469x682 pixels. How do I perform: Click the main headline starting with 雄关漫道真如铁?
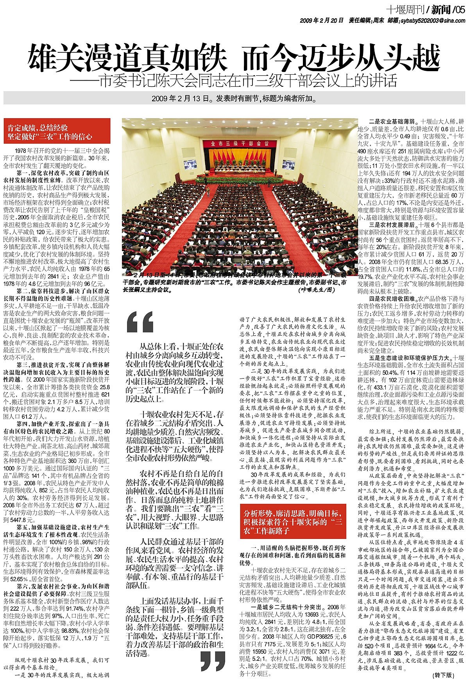point(234,57)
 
